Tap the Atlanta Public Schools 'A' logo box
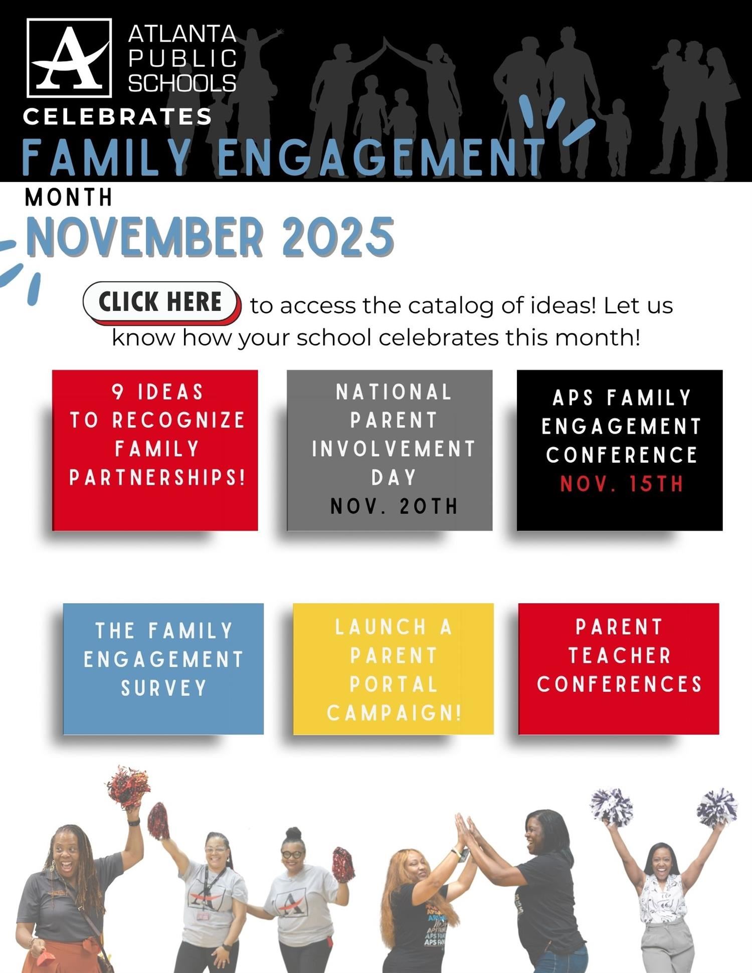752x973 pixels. [69, 58]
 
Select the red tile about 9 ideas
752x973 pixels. [155, 450]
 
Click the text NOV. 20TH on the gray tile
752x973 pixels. [394, 506]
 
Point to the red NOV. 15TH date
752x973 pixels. [622, 484]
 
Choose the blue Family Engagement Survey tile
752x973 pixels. [163, 669]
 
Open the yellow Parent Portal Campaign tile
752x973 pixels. [394, 669]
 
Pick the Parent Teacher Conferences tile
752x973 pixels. [619, 669]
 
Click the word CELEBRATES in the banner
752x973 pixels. [117, 117]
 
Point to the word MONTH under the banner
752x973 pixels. [69, 198]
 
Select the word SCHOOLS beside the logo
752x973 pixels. [182, 83]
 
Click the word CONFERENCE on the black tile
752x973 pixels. [622, 455]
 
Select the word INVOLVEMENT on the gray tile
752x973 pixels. [394, 449]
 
